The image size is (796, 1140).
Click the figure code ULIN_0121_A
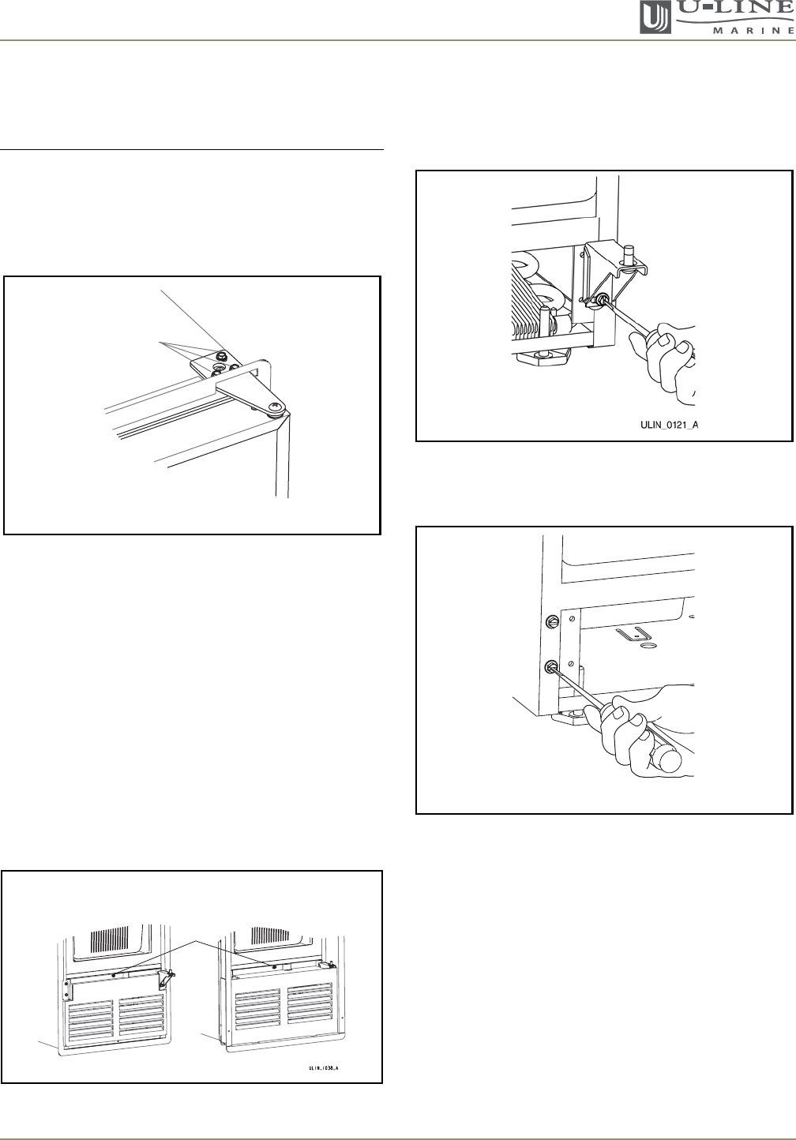coord(669,425)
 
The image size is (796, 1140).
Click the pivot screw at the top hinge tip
coord(277,407)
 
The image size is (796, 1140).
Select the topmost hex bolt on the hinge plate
coord(221,354)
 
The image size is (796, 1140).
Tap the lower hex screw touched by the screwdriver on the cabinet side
coord(550,666)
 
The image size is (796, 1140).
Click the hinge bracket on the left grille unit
coord(167,976)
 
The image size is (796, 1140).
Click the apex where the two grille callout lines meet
coord(195,941)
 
